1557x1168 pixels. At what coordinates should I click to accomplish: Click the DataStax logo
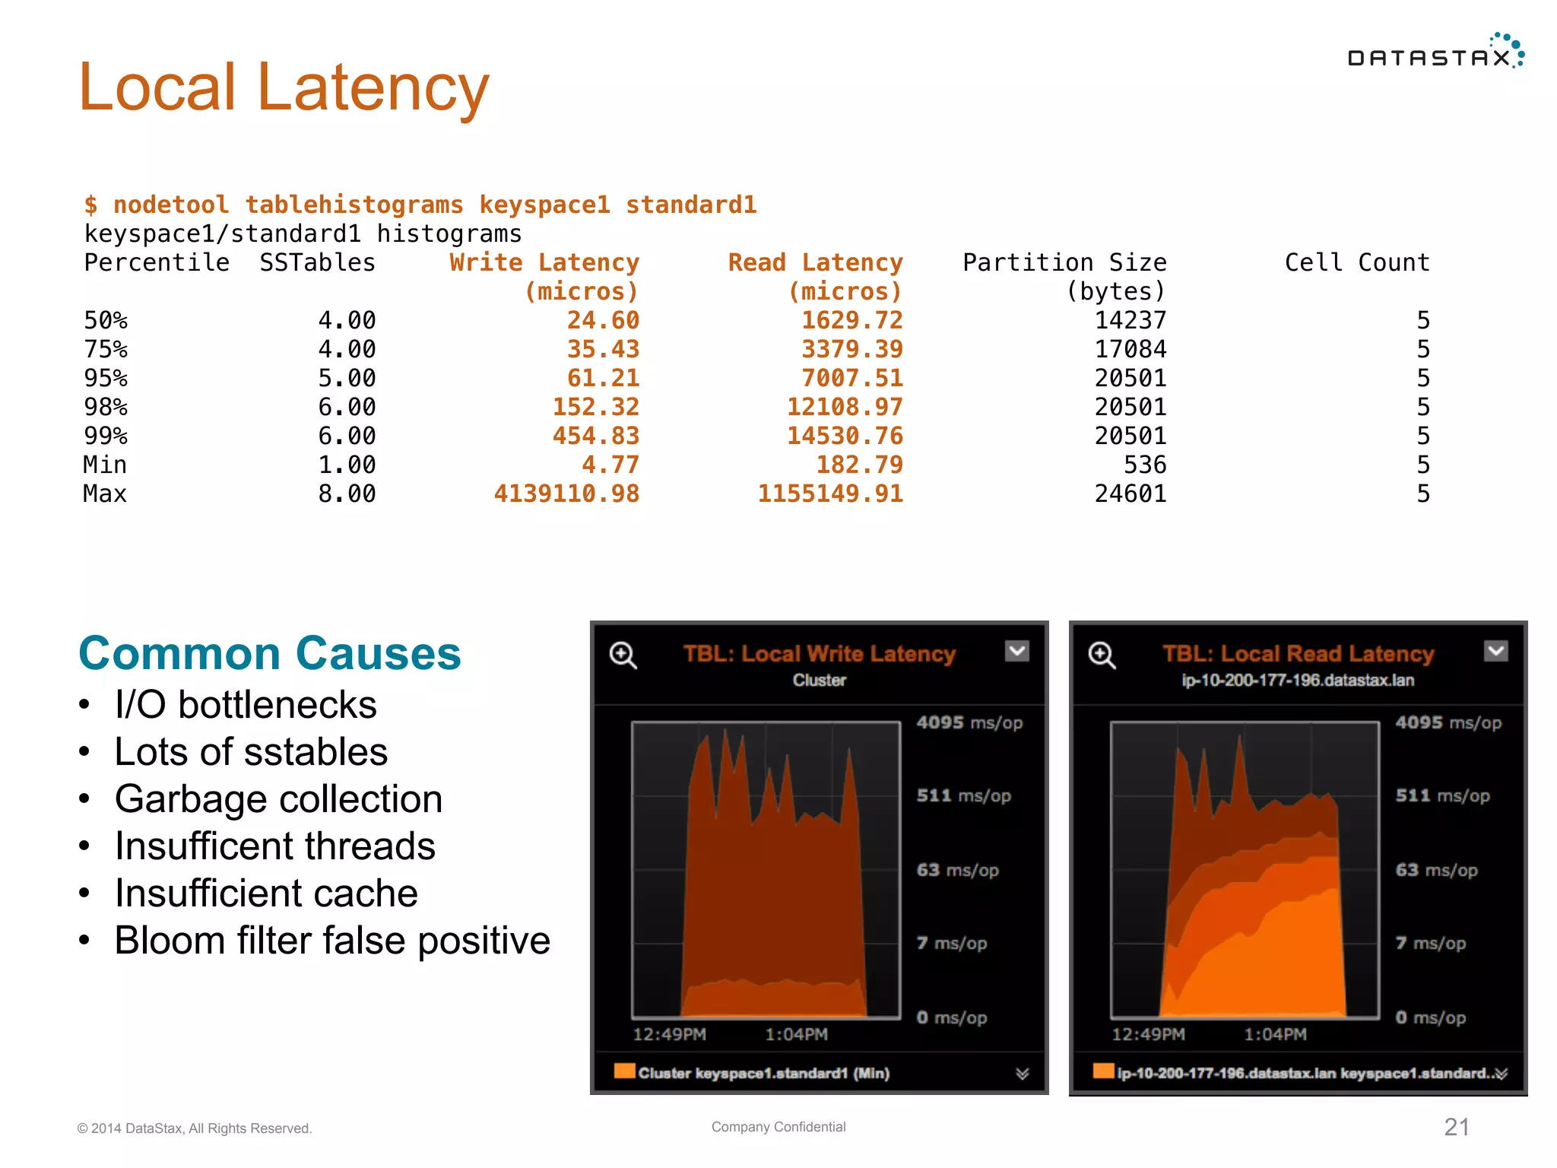tap(1435, 53)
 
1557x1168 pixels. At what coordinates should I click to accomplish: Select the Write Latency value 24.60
tap(603, 320)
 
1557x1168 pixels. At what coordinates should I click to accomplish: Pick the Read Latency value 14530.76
tap(845, 436)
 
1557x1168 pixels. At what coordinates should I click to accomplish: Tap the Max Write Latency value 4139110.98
tap(566, 494)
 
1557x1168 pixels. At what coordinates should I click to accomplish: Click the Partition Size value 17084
tap(1130, 349)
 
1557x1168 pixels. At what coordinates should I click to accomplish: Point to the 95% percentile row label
tap(106, 378)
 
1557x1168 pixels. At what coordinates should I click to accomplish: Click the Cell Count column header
tap(1357, 262)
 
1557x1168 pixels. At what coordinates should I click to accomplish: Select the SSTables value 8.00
tap(347, 494)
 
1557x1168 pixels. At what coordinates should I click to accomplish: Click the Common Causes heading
tap(270, 653)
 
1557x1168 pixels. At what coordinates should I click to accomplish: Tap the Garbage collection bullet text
tap(278, 799)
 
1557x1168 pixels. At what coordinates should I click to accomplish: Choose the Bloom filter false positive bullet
tap(332, 941)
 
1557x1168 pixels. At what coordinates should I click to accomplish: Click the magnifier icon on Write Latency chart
tap(623, 655)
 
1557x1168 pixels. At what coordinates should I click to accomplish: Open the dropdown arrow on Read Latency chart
tap(1495, 651)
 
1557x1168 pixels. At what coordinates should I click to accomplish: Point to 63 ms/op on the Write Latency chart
tap(957, 870)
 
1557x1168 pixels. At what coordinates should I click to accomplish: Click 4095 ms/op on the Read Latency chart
tap(1448, 722)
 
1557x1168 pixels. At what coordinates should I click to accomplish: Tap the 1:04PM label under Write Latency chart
tap(796, 1034)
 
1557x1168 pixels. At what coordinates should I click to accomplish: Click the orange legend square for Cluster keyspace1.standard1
tap(624, 1071)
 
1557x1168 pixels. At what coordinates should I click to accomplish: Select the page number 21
tap(1456, 1127)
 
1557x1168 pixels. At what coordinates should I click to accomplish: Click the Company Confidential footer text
tap(778, 1127)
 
